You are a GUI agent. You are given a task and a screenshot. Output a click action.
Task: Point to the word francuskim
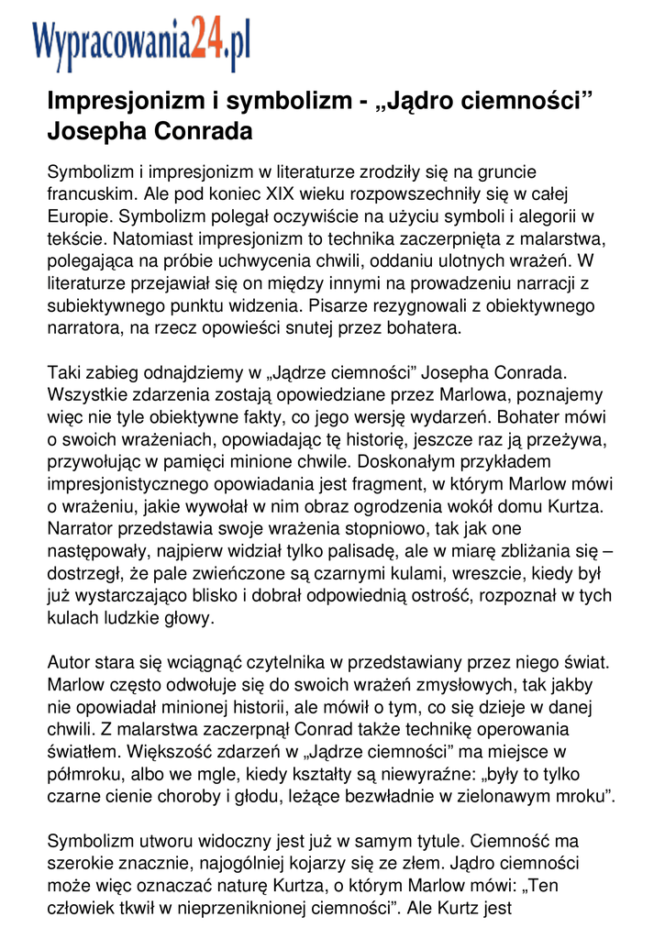(x=90, y=193)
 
